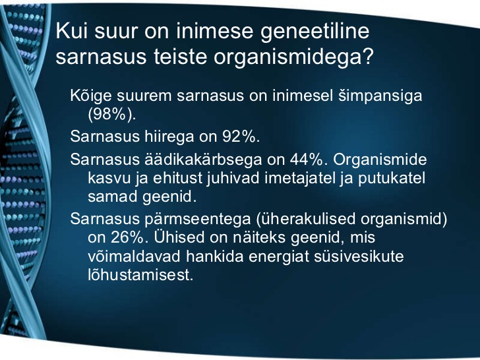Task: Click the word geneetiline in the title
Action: tap(315, 32)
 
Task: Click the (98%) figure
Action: tap(111, 115)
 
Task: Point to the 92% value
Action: tap(241, 136)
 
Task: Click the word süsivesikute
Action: tap(359, 256)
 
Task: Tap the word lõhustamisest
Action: tap(141, 275)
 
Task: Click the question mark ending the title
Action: tap(367, 55)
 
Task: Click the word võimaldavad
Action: tap(135, 256)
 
